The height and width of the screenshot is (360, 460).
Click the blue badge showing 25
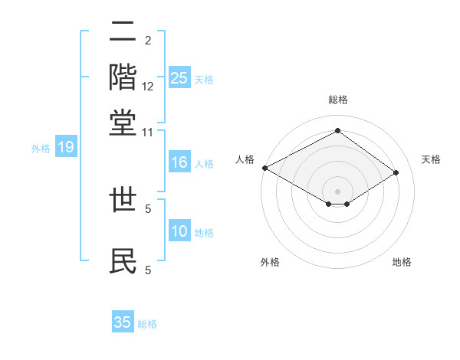[x=179, y=78]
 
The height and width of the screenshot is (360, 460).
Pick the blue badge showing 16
[x=179, y=162]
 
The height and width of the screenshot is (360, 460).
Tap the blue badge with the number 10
[x=179, y=232]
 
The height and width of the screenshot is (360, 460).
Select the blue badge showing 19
[x=66, y=148]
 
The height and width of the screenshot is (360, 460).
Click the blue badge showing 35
[x=123, y=322]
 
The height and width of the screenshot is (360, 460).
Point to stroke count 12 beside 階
[x=148, y=87]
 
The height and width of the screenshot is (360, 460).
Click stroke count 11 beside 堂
[x=148, y=133]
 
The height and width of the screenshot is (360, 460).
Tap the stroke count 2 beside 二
[x=148, y=40]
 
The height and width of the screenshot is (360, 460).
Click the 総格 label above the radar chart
[x=337, y=100]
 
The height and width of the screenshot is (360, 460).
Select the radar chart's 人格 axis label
[x=245, y=159]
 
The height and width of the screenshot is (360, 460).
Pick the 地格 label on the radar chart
[x=402, y=263]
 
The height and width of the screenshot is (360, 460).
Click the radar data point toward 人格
[x=264, y=168]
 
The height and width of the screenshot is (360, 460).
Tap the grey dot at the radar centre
[x=337, y=190]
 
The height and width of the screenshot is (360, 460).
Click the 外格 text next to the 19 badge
[x=41, y=149]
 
